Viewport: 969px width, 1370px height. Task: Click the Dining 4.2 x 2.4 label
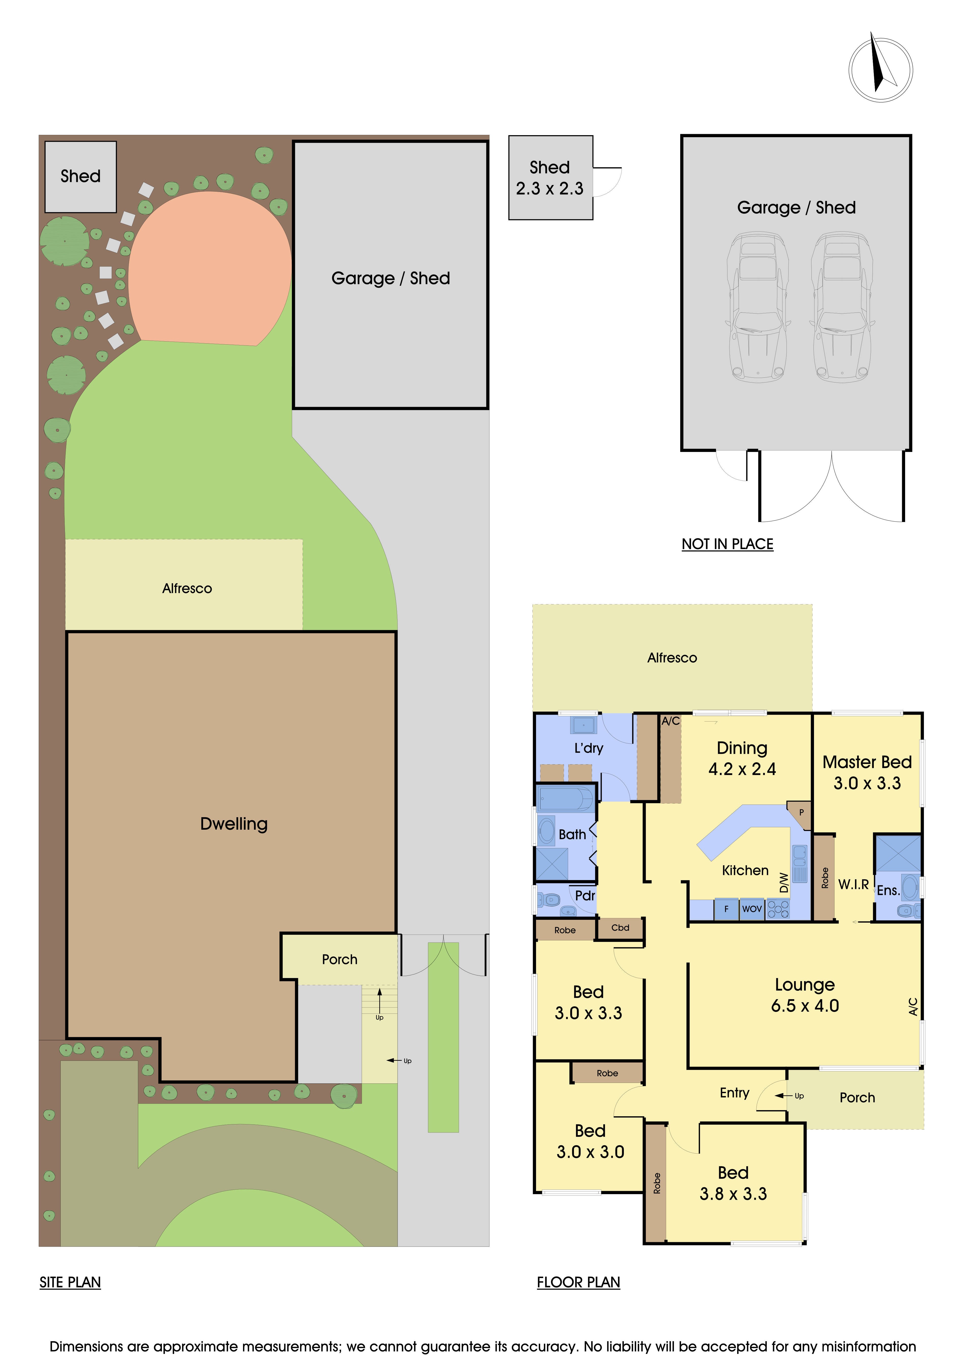click(x=742, y=758)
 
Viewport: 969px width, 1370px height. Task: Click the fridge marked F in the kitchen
click(x=726, y=909)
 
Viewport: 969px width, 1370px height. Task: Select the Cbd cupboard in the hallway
click(x=620, y=928)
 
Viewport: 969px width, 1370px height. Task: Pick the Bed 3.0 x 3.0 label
click(x=590, y=1141)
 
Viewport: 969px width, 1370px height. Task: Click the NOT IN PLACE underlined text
click(x=727, y=544)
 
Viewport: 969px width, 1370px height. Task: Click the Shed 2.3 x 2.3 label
click(x=550, y=178)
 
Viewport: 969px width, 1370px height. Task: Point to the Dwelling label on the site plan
click(x=234, y=824)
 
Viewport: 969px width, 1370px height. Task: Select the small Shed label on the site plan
click(x=80, y=177)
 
